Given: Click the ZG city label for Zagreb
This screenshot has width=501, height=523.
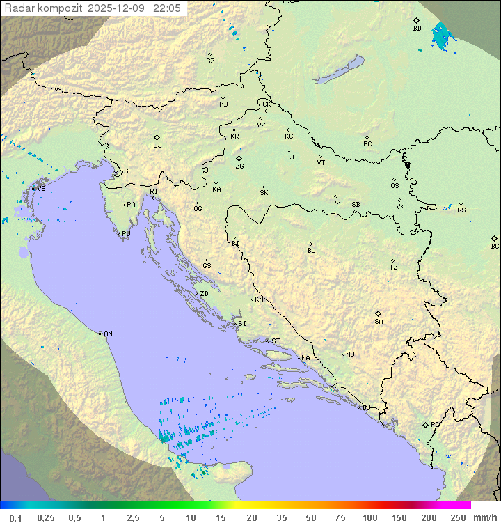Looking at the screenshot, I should pyautogui.click(x=239, y=166).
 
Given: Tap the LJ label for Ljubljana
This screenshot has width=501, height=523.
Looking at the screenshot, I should pyautogui.click(x=157, y=146).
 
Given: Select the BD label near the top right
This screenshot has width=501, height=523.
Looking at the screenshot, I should pyautogui.click(x=417, y=29).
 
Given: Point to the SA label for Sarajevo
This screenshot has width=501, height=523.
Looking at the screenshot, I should pyautogui.click(x=379, y=321).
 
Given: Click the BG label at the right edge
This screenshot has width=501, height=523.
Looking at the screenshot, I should pyautogui.click(x=495, y=246).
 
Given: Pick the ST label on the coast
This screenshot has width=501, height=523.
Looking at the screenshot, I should pyautogui.click(x=276, y=341).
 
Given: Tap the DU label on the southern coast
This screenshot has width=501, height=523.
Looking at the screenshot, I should pyautogui.click(x=365, y=408).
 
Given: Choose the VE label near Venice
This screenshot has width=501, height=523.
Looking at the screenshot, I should pyautogui.click(x=41, y=189).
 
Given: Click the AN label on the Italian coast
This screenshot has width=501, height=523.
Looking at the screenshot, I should pyautogui.click(x=108, y=334).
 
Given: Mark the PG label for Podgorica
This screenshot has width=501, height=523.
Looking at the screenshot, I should pyautogui.click(x=435, y=424).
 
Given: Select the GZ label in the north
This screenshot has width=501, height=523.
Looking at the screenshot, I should pyautogui.click(x=210, y=61).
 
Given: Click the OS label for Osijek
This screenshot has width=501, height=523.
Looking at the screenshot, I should pyautogui.click(x=395, y=186).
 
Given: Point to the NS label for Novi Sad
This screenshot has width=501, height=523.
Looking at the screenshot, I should pyautogui.click(x=461, y=210).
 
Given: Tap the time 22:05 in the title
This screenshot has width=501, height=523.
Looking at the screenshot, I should pyautogui.click(x=168, y=8).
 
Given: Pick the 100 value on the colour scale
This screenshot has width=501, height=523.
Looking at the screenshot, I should pyautogui.click(x=369, y=517).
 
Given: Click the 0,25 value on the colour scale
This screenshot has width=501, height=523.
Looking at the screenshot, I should pyautogui.click(x=46, y=517).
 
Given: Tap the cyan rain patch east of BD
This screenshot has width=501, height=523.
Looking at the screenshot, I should pyautogui.click(x=440, y=36).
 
